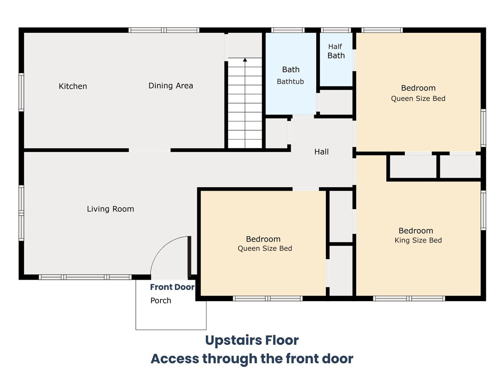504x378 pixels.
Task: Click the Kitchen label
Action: click(73, 86)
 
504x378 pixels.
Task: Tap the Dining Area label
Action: click(171, 86)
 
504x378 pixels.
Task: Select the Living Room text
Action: click(110, 209)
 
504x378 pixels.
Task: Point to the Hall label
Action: click(321, 152)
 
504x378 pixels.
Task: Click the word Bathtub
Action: click(290, 81)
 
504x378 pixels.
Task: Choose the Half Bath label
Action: click(336, 51)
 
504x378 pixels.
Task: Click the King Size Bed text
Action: click(418, 240)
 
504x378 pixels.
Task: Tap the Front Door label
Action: click(172, 287)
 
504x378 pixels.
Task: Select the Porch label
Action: click(161, 300)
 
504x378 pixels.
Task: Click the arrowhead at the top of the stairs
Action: click(245, 60)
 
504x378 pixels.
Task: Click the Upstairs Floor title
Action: click(252, 340)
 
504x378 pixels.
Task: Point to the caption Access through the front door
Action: click(252, 359)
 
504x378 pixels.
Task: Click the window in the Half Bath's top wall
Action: click(336, 30)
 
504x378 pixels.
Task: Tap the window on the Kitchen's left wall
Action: click(21, 92)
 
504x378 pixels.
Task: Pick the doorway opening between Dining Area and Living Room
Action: click(150, 150)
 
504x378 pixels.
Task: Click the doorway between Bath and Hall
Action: click(303, 117)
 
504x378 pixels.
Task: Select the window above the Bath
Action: click(288, 30)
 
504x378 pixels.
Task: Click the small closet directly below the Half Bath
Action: click(336, 102)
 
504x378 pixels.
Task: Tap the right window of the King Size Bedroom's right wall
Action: click(483, 210)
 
